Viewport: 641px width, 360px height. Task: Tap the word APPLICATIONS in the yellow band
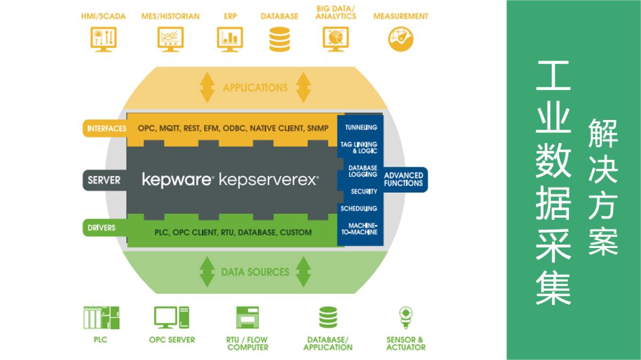point(255,87)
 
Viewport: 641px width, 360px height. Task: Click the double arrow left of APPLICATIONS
point(207,87)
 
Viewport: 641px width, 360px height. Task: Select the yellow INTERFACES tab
point(105,129)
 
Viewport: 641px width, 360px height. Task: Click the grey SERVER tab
point(104,180)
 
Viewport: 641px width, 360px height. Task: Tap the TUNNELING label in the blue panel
point(361,127)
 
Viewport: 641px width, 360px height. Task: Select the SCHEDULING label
point(359,209)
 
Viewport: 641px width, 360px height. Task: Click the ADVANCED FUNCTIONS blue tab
point(404,179)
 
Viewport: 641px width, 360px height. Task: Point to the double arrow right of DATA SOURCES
point(303,272)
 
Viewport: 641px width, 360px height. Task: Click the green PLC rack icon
point(101,318)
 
